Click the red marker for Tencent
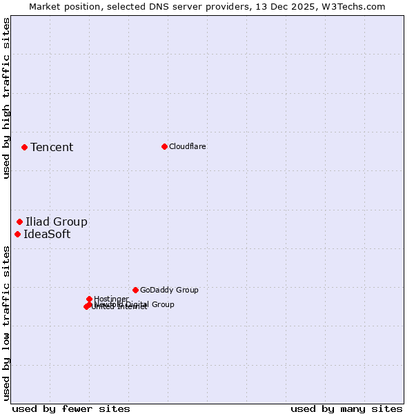[x=24, y=147]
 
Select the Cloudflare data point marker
[x=164, y=146]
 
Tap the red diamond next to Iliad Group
[x=20, y=221]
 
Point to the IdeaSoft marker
[x=17, y=234]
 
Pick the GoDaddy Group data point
[x=135, y=290]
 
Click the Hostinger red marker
[x=89, y=299]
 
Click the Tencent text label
[x=52, y=147]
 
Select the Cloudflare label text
[x=188, y=146]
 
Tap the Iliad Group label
[x=57, y=221]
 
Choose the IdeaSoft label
[x=47, y=234]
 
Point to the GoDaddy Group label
[x=169, y=290]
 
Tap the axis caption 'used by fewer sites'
[x=71, y=408]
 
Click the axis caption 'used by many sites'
[x=346, y=408]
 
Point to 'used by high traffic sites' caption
[x=6, y=98]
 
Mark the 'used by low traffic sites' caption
[x=6, y=323]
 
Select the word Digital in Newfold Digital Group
[x=137, y=304]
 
